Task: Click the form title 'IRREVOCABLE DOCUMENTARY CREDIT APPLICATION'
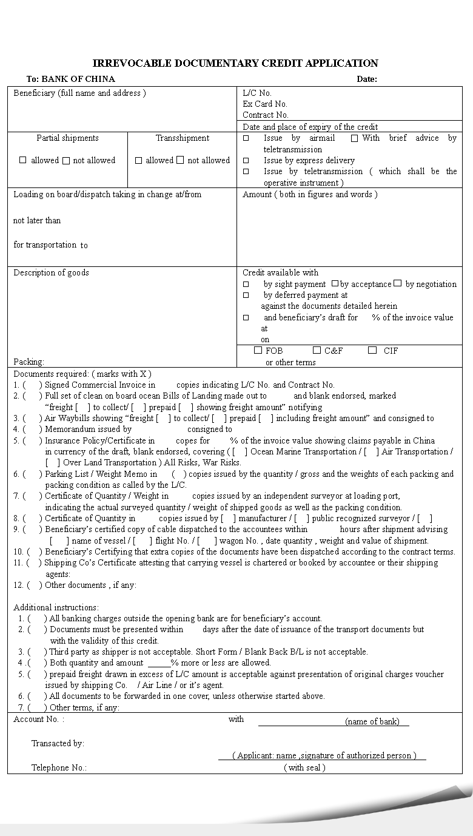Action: point(235,63)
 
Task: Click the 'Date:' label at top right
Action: point(366,79)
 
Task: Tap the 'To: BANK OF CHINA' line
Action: point(70,79)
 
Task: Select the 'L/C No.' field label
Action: point(257,93)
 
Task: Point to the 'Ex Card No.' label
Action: point(265,104)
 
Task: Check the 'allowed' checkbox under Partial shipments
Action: point(23,160)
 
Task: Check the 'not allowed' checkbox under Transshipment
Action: point(180,160)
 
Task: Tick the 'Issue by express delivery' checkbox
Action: point(246,161)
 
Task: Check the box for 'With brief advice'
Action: point(354,138)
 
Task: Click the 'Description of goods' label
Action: point(51,272)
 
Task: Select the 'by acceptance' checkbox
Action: point(335,283)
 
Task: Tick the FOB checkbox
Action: point(258,350)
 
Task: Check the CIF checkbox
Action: point(372,350)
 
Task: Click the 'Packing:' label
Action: point(29,362)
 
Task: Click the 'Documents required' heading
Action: point(82,374)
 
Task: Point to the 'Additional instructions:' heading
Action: point(56,607)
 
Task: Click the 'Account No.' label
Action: point(38,719)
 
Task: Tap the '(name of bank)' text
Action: point(372,721)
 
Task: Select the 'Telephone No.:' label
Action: point(59,767)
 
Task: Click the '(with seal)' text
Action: point(304,767)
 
